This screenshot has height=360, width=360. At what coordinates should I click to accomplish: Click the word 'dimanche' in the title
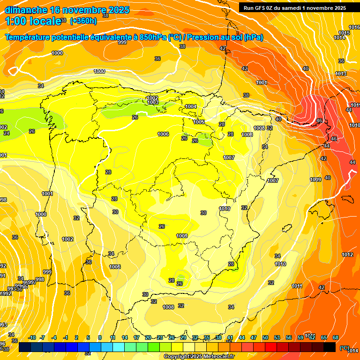click(x=25, y=10)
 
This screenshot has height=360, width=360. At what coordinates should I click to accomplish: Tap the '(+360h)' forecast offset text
click(x=83, y=21)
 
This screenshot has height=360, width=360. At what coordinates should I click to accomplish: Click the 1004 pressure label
click(x=191, y=106)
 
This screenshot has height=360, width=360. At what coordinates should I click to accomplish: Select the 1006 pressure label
click(x=163, y=135)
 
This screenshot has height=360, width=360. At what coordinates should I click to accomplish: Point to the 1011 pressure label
click(x=297, y=286)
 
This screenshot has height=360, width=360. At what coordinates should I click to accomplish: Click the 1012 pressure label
click(x=347, y=255)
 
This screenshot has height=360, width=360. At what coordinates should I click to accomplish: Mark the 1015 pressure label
click(x=344, y=33)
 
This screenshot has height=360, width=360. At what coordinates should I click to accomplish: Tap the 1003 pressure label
click(x=153, y=102)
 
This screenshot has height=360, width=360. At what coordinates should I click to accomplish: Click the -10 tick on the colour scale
click(x=32, y=337)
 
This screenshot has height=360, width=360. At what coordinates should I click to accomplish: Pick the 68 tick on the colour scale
click(x=336, y=337)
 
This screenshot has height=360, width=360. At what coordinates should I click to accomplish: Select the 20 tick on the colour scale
click(x=148, y=337)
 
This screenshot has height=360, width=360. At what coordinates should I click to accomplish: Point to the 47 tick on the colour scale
click(x=254, y=337)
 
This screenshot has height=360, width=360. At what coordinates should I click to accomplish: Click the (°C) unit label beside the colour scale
click(x=344, y=348)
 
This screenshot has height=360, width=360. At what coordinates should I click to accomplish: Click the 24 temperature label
click(x=7, y=133)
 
